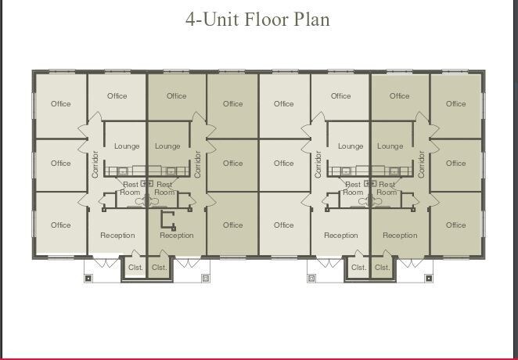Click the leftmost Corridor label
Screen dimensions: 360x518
95,164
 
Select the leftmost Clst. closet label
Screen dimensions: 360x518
135,267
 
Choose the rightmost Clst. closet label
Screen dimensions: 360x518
382,267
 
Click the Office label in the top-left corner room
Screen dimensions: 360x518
61,103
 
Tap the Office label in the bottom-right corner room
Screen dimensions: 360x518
456,225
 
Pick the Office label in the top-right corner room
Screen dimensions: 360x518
456,103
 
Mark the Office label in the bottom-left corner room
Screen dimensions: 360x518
61,225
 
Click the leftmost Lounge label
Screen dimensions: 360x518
127,146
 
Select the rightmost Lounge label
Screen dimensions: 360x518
390,146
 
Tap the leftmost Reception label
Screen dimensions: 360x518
117,235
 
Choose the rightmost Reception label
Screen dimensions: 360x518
400,235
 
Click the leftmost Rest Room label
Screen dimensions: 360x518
130,188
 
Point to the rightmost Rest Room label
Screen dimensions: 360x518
387,188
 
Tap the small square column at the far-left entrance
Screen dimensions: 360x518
88,278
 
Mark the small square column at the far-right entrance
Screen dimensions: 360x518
428,278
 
